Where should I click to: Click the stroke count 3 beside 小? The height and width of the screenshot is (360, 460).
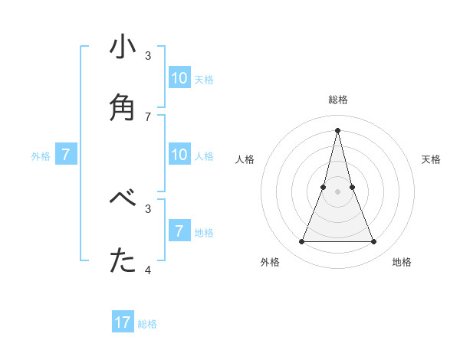(148, 55)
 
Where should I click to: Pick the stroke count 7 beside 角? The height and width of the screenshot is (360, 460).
(148, 116)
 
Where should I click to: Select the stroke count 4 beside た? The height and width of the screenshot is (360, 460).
(148, 270)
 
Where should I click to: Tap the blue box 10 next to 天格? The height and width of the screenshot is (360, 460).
(179, 78)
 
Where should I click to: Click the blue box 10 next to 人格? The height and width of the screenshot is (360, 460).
(179, 155)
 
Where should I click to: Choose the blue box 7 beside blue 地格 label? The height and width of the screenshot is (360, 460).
(179, 231)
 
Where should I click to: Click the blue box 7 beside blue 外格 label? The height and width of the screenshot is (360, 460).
(66, 155)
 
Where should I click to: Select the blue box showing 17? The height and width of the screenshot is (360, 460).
(123, 322)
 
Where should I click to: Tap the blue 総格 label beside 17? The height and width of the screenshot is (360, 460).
(147, 324)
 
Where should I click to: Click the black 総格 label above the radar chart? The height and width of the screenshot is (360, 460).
(337, 100)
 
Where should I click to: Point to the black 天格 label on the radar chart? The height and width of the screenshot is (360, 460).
(431, 159)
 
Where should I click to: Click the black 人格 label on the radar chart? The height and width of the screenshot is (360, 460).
(245, 159)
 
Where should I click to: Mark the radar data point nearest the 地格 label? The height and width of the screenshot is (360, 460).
(373, 242)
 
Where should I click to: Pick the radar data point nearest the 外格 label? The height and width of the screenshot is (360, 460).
(301, 242)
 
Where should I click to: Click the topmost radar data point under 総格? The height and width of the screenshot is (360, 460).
(337, 130)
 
